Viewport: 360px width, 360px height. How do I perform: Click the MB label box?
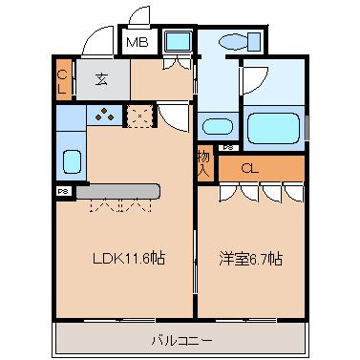[x=136, y=41]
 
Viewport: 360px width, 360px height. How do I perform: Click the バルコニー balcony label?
[x=180, y=339]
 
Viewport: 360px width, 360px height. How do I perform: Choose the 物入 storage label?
[x=204, y=162]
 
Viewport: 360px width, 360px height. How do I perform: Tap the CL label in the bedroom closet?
[x=250, y=169]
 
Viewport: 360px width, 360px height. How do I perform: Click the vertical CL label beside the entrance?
[x=62, y=80]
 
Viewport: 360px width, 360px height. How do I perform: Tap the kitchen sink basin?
[x=71, y=160]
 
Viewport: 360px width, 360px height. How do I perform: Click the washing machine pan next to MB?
[x=176, y=42]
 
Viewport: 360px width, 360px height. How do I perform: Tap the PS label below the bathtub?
[x=227, y=148]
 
